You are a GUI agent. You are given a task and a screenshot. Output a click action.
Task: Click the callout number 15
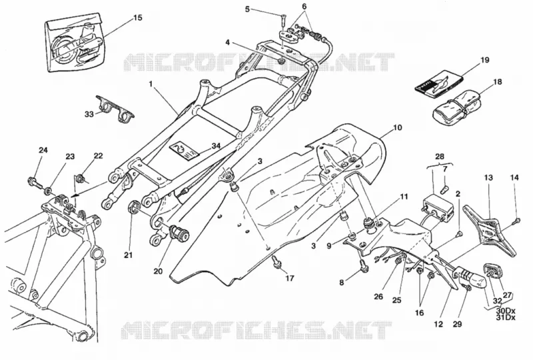pos(137,17)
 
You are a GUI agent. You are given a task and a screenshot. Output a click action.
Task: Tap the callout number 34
pos(216,146)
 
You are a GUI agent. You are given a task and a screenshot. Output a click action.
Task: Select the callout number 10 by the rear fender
pos(397,127)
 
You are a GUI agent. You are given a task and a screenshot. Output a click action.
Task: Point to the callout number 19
pos(484,60)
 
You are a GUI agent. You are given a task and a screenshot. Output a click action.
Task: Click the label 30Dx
pos(506,311)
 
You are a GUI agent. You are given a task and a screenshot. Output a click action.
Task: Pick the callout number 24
pos(43,150)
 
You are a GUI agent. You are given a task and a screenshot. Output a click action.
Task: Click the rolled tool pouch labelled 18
pos(456,106)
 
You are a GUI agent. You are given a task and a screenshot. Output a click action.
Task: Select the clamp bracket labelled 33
pos(114,107)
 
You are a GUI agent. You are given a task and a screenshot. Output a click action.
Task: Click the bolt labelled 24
pos(35,182)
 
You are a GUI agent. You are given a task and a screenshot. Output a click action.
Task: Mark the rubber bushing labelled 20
pos(179,232)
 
